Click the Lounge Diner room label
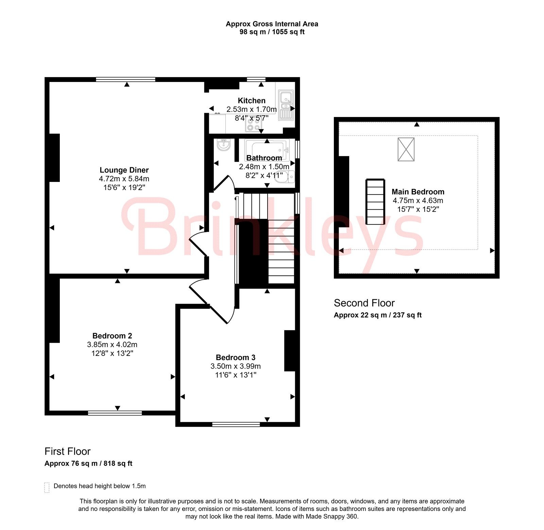(x=124, y=170)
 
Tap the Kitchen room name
(x=252, y=101)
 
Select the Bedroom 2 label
(x=112, y=336)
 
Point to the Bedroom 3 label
(x=236, y=357)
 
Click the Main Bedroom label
(x=418, y=192)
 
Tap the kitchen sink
(x=286, y=105)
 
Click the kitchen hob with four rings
(x=254, y=124)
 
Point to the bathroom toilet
(x=285, y=177)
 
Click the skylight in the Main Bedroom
(x=406, y=149)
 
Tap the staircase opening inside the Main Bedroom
(x=375, y=202)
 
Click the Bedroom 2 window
(x=115, y=413)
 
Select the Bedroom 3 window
(x=236, y=424)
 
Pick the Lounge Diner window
(x=125, y=80)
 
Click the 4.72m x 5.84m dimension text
(x=124, y=179)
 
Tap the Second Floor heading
(x=364, y=303)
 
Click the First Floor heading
(x=67, y=451)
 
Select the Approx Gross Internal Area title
(x=272, y=24)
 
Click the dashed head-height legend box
(x=47, y=487)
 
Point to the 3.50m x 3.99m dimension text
(x=236, y=366)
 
